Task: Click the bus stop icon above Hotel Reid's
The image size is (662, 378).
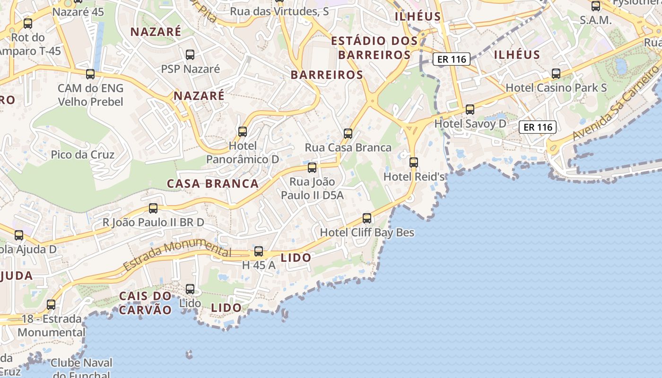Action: tap(414, 162)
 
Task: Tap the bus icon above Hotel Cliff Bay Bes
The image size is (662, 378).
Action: tap(367, 218)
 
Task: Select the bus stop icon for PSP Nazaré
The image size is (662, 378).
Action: tap(190, 55)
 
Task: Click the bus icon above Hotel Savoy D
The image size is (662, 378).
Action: tap(470, 109)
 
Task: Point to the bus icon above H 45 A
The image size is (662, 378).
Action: tap(259, 251)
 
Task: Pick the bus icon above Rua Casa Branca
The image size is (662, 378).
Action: tap(348, 133)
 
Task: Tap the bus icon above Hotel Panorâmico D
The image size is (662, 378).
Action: tap(243, 131)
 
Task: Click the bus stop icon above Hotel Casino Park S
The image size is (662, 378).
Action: tap(556, 74)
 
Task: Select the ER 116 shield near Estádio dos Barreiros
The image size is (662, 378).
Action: tap(451, 60)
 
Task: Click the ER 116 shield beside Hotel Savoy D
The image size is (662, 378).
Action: tap(537, 127)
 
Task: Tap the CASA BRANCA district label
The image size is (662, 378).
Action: tap(213, 184)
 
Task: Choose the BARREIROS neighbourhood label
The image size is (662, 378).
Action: tap(327, 75)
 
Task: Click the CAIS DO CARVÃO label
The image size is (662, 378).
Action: tap(145, 303)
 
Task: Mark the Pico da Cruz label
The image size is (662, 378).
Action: tap(83, 155)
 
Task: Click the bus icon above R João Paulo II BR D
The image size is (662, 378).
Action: tap(153, 208)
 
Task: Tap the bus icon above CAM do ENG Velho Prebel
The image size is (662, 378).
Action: tap(90, 74)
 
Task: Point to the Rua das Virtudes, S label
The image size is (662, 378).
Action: tap(279, 11)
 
